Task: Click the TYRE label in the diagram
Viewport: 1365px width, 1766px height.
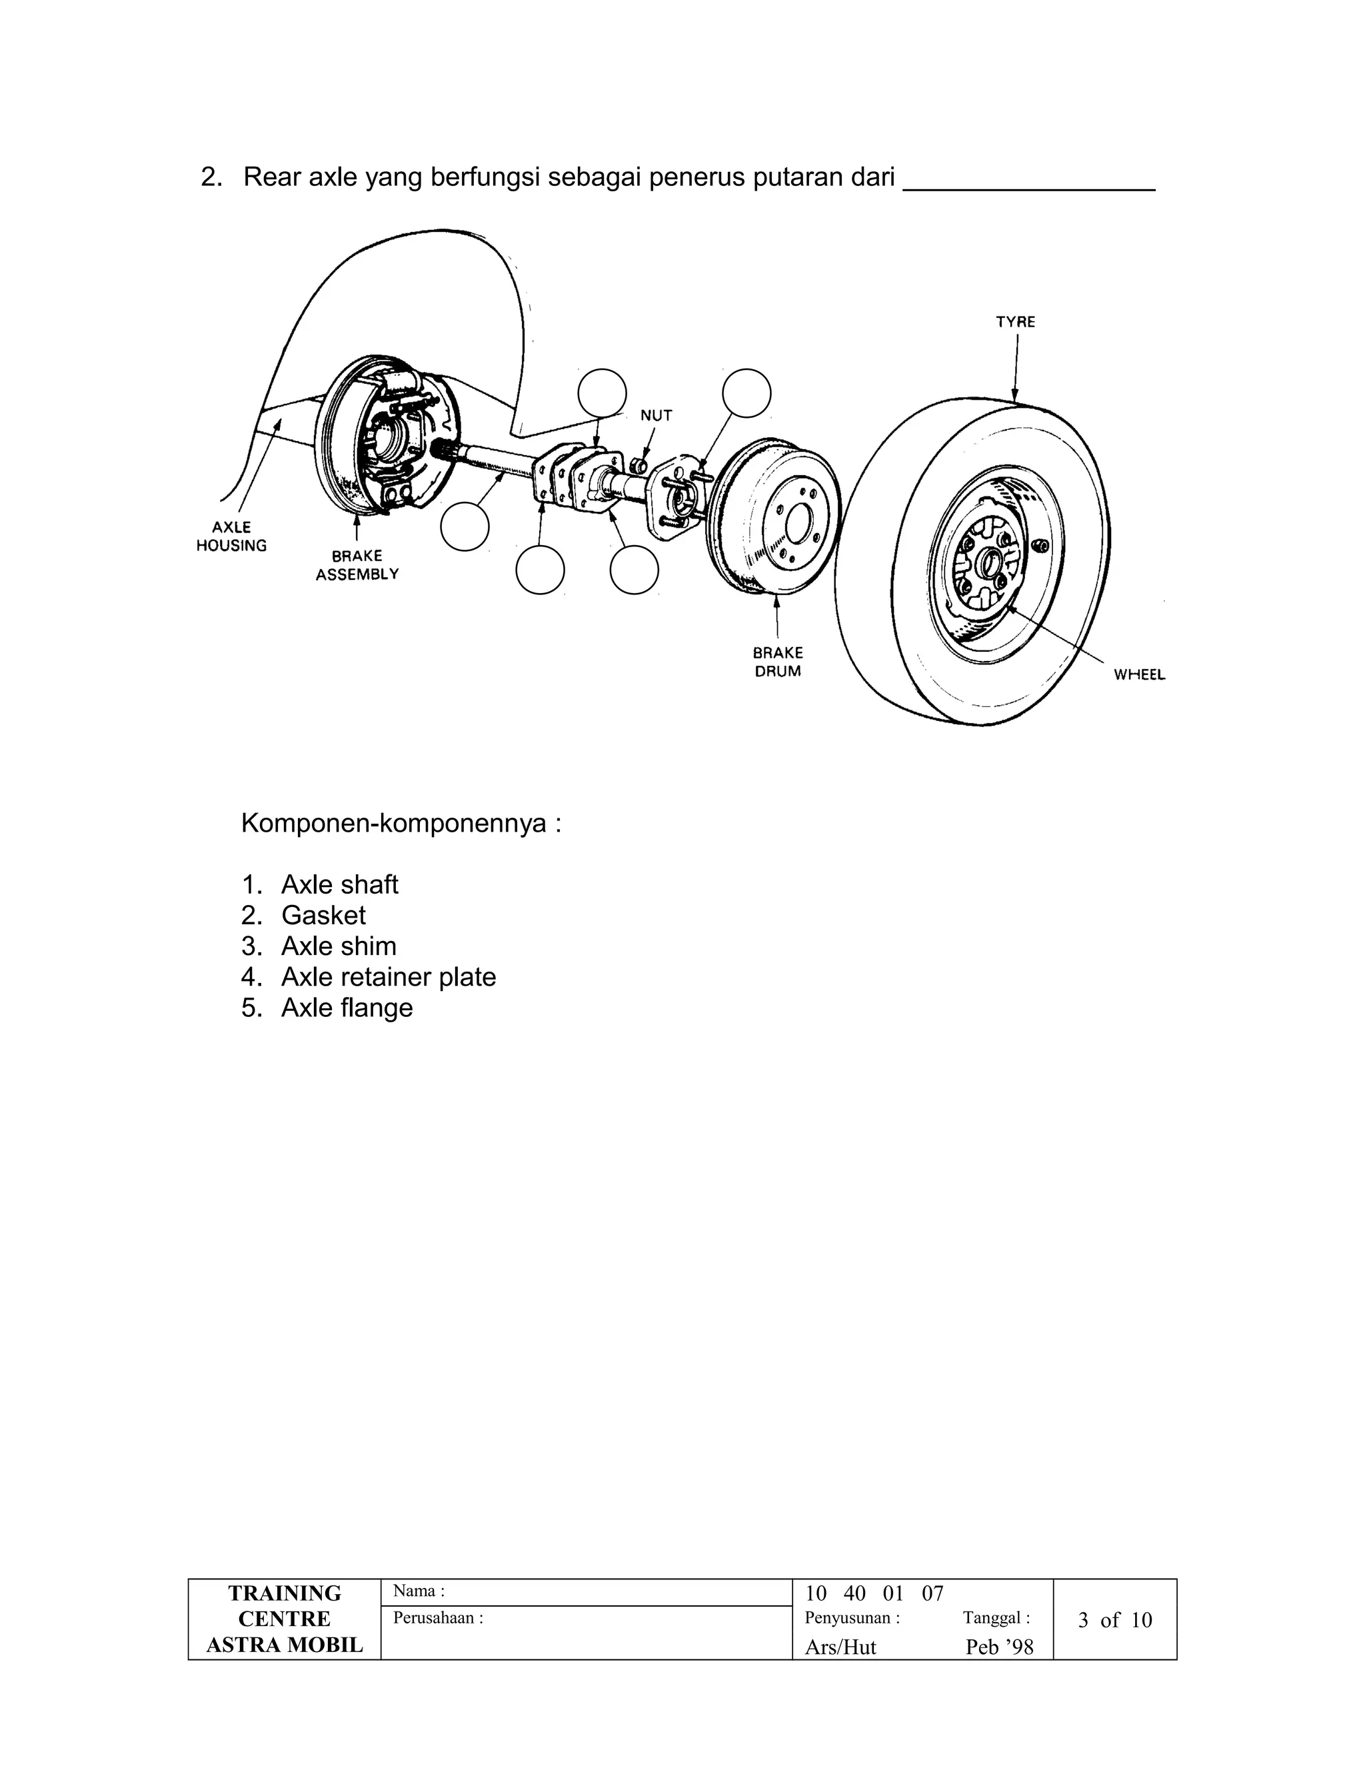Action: pyautogui.click(x=1015, y=322)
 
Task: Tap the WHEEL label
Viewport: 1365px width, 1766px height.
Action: pyautogui.click(x=1138, y=674)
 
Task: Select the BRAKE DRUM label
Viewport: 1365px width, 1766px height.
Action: pyautogui.click(x=778, y=662)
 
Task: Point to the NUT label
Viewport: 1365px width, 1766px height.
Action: pyautogui.click(x=656, y=416)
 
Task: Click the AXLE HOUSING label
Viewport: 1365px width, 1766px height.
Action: pyautogui.click(x=231, y=536)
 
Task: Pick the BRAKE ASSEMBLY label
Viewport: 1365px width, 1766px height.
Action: pyautogui.click(x=357, y=565)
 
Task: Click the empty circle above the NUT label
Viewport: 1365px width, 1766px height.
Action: pyautogui.click(x=603, y=393)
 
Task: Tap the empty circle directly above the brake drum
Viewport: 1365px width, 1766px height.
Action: pyautogui.click(x=746, y=393)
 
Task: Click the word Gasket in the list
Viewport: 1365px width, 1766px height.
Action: pyautogui.click(x=323, y=916)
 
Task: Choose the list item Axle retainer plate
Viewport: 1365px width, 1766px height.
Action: pyautogui.click(x=388, y=977)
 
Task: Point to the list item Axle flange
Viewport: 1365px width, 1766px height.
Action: pyautogui.click(x=346, y=1008)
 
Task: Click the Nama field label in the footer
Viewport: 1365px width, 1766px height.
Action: pyautogui.click(x=419, y=1591)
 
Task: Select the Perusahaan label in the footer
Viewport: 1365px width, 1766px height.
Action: pyautogui.click(x=437, y=1618)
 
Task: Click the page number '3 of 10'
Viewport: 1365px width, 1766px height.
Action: pyautogui.click(x=1114, y=1619)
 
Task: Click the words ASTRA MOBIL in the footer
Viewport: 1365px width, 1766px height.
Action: pyautogui.click(x=285, y=1645)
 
